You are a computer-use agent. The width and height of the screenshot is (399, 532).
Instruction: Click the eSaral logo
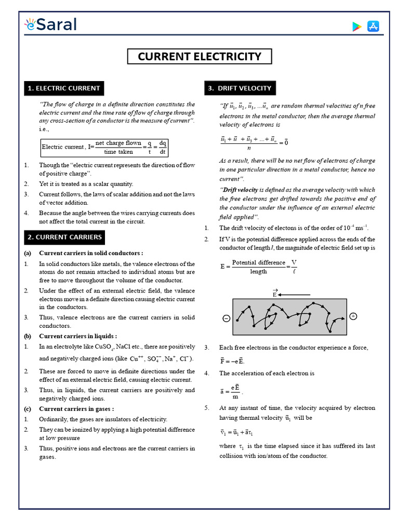pos(50,24)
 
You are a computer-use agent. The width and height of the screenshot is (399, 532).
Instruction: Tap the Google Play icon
pos(356,26)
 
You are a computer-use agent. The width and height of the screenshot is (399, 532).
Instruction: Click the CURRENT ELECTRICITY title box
pos(199,57)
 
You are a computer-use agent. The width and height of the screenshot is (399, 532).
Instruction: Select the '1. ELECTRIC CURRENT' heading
pos(64,88)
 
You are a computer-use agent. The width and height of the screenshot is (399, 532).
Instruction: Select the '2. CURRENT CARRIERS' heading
pos(65,237)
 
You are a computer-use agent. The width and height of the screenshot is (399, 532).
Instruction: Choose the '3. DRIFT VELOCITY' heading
pos(239,88)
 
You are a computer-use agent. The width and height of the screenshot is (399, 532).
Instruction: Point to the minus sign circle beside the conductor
pos(226,318)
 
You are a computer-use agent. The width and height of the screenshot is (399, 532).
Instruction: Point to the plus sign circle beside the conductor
pos(354,316)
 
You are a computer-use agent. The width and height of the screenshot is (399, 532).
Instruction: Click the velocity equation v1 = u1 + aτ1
pos(236,432)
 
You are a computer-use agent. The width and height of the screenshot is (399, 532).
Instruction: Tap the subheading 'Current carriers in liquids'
pos(78,336)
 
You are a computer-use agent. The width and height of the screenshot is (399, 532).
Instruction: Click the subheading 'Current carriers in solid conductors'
pos(91,253)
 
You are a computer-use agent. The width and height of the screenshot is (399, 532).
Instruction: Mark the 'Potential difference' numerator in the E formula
pos(258,262)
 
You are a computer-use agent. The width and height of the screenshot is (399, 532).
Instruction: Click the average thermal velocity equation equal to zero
pos(255,142)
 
